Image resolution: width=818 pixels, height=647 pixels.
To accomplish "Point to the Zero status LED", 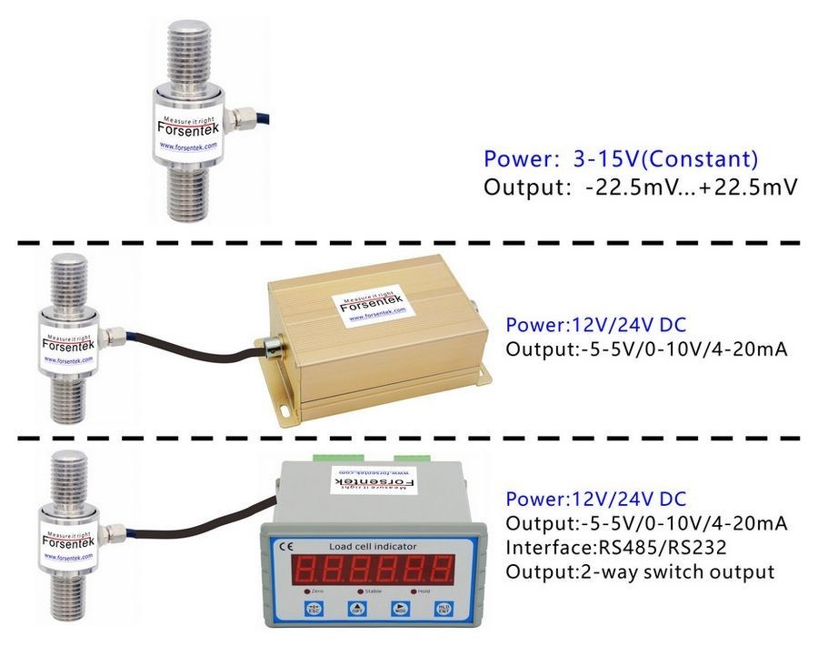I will click(x=313, y=591).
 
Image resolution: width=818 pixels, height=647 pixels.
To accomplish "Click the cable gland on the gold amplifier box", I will click(x=270, y=346).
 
